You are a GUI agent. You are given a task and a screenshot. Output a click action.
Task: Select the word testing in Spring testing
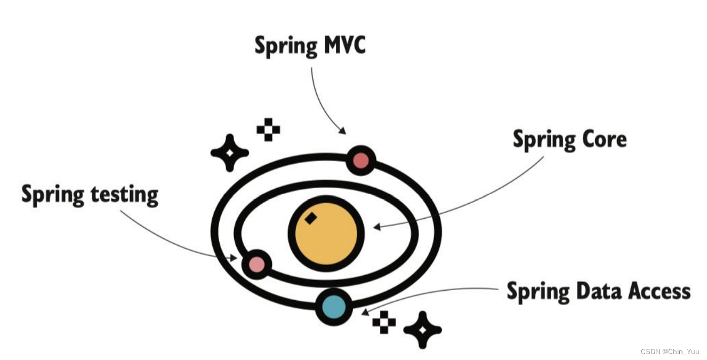(124, 195)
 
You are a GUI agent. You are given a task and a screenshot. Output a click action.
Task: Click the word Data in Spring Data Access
(596, 291)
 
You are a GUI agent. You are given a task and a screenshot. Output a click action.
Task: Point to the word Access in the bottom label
(659, 291)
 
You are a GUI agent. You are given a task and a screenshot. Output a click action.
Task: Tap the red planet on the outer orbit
(361, 160)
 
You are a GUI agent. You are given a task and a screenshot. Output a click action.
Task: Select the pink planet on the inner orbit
(256, 264)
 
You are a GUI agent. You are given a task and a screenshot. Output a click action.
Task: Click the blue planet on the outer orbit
(334, 307)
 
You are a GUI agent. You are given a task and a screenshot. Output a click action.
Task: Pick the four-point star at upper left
(230, 153)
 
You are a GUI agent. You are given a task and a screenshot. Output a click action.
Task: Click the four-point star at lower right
(422, 330)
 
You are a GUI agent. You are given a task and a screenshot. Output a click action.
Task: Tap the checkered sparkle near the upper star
(268, 130)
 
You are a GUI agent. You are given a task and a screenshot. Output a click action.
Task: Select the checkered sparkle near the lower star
(384, 323)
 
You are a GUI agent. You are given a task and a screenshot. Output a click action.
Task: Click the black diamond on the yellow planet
(310, 218)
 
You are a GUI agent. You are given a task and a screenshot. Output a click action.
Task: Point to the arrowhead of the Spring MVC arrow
(342, 131)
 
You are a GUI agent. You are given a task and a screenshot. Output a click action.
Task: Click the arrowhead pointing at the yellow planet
(376, 227)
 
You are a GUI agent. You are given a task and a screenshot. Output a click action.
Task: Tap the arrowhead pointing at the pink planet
(233, 258)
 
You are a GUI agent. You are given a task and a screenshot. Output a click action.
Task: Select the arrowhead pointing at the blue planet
(364, 311)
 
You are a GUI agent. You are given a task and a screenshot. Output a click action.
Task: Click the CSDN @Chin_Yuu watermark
(670, 351)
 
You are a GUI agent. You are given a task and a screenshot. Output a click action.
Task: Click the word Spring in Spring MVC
(286, 47)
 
